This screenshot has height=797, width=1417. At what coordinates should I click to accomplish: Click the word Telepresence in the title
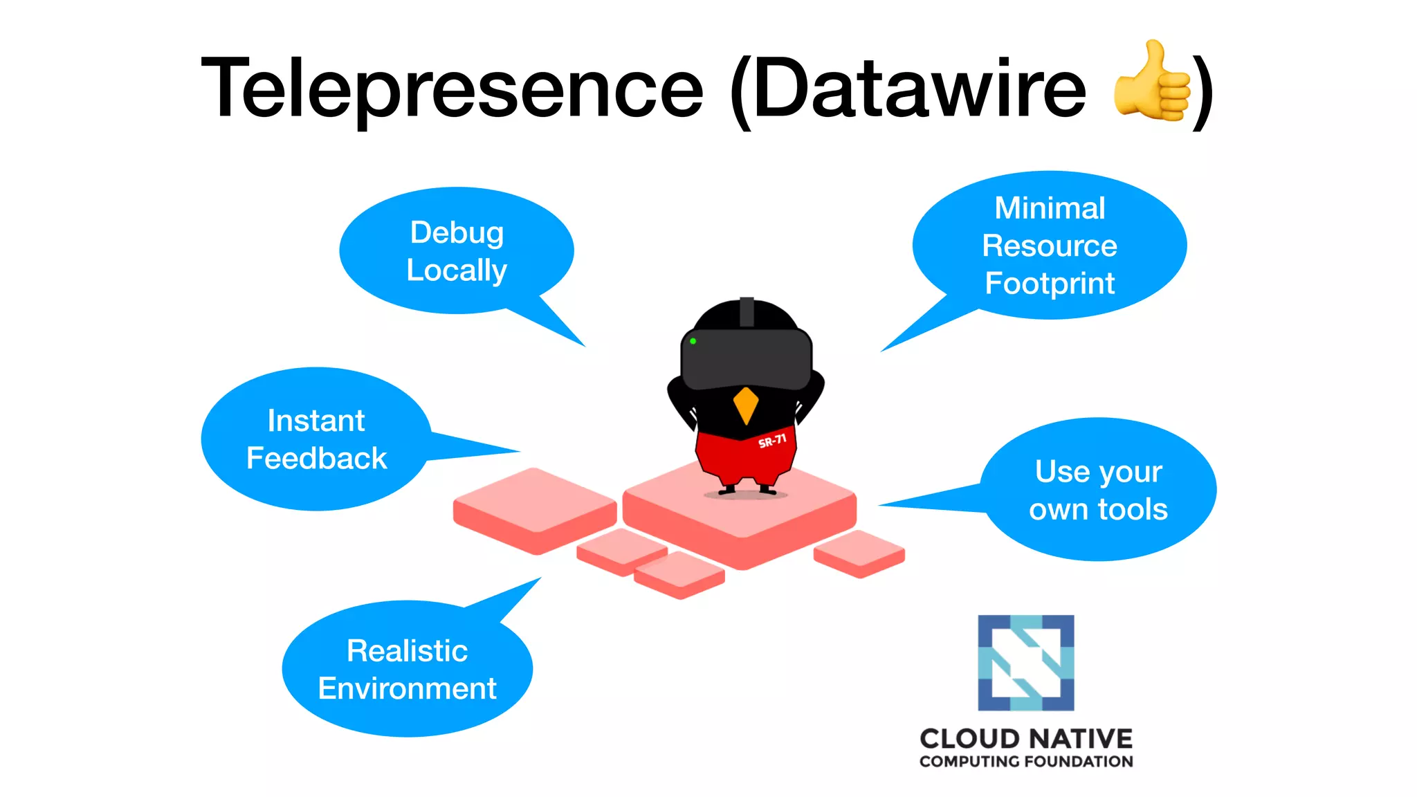click(x=451, y=89)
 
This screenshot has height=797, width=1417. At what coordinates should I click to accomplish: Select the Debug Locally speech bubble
click(x=457, y=250)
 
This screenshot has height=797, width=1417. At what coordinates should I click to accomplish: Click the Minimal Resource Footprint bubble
click(x=1049, y=245)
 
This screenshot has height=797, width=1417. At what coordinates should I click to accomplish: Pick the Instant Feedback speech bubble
click(x=316, y=439)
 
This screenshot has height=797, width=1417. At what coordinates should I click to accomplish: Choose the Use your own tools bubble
click(x=1098, y=490)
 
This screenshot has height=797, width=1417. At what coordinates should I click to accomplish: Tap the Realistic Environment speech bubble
click(x=407, y=669)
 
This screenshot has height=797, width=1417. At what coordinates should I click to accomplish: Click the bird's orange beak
click(x=746, y=404)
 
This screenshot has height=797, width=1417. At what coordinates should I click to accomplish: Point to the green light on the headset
click(x=693, y=341)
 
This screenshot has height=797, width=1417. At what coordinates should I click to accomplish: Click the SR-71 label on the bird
click(x=772, y=441)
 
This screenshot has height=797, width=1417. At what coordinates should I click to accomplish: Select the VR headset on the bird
click(x=746, y=358)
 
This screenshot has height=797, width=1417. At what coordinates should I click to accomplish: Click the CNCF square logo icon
click(x=1025, y=662)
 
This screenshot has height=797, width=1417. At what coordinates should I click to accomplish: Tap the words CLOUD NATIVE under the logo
click(x=1025, y=739)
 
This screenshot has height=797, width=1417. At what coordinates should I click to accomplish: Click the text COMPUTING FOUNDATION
click(x=1025, y=762)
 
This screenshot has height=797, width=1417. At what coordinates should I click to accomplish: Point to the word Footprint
click(x=1049, y=284)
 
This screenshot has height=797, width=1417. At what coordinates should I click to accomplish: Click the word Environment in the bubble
click(x=407, y=688)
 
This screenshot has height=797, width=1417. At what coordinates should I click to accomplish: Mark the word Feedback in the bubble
click(x=316, y=459)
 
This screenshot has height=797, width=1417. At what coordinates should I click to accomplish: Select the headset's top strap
click(x=747, y=311)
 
